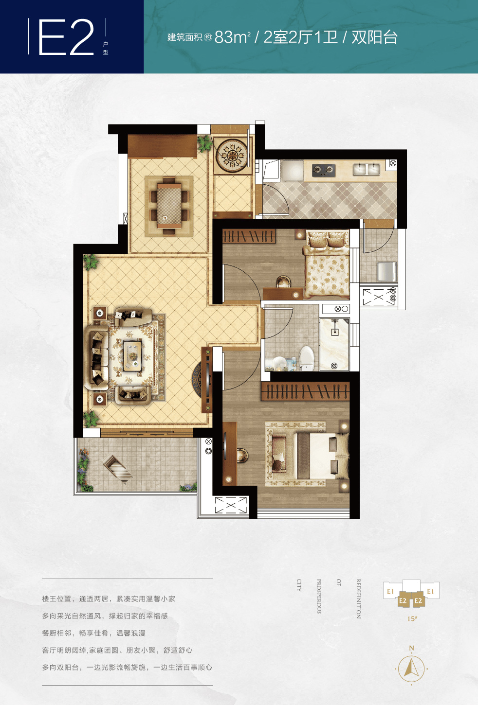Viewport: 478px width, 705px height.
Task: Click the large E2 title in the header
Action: (x=66, y=37)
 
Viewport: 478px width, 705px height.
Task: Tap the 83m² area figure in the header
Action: (x=233, y=37)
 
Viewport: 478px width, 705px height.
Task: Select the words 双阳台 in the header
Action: (x=374, y=37)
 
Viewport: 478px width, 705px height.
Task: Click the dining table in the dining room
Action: (x=169, y=206)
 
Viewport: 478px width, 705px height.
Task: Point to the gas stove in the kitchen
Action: (x=324, y=170)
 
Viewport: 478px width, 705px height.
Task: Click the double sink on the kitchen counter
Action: (x=366, y=169)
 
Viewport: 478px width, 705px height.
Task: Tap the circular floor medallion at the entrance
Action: (x=233, y=155)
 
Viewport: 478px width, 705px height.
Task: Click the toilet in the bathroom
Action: (x=307, y=358)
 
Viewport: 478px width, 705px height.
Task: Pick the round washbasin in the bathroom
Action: (x=279, y=363)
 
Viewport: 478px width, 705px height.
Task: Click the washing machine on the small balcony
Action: (x=387, y=272)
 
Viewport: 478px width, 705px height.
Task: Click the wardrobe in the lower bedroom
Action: (x=305, y=391)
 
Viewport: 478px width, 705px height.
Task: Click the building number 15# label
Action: (x=412, y=618)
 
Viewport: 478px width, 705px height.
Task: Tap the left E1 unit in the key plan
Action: (x=391, y=591)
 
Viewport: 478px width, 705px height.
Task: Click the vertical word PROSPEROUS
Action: (x=318, y=596)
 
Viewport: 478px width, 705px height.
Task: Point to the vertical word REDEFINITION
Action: (x=358, y=599)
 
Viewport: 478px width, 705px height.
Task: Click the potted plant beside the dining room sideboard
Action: (x=204, y=143)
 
